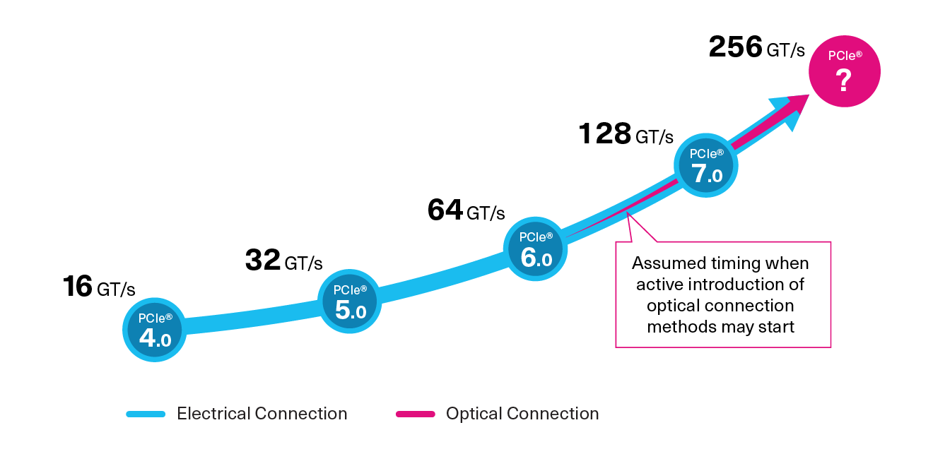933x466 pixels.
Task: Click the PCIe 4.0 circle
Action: pyautogui.click(x=154, y=330)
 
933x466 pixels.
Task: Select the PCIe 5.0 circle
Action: pyautogui.click(x=349, y=301)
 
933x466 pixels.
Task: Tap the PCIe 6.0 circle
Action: pyautogui.click(x=535, y=249)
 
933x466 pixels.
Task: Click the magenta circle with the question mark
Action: pyautogui.click(x=845, y=71)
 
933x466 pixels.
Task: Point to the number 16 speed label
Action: pyautogui.click(x=78, y=287)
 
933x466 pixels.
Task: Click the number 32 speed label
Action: pyautogui.click(x=263, y=261)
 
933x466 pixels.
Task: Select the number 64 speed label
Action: pyautogui.click(x=445, y=210)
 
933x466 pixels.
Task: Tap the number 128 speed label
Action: pyautogui.click(x=604, y=133)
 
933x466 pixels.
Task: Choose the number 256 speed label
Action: pyautogui.click(x=735, y=47)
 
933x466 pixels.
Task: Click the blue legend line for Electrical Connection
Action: pyautogui.click(x=146, y=414)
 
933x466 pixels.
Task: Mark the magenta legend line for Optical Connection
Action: pyautogui.click(x=415, y=414)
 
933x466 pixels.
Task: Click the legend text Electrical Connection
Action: pyautogui.click(x=262, y=414)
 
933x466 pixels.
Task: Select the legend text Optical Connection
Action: pyautogui.click(x=522, y=414)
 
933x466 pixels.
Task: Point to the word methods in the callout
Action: pyautogui.click(x=681, y=327)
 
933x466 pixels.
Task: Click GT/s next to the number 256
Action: pyautogui.click(x=785, y=50)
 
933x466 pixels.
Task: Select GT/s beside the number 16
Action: pyautogui.click(x=116, y=289)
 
